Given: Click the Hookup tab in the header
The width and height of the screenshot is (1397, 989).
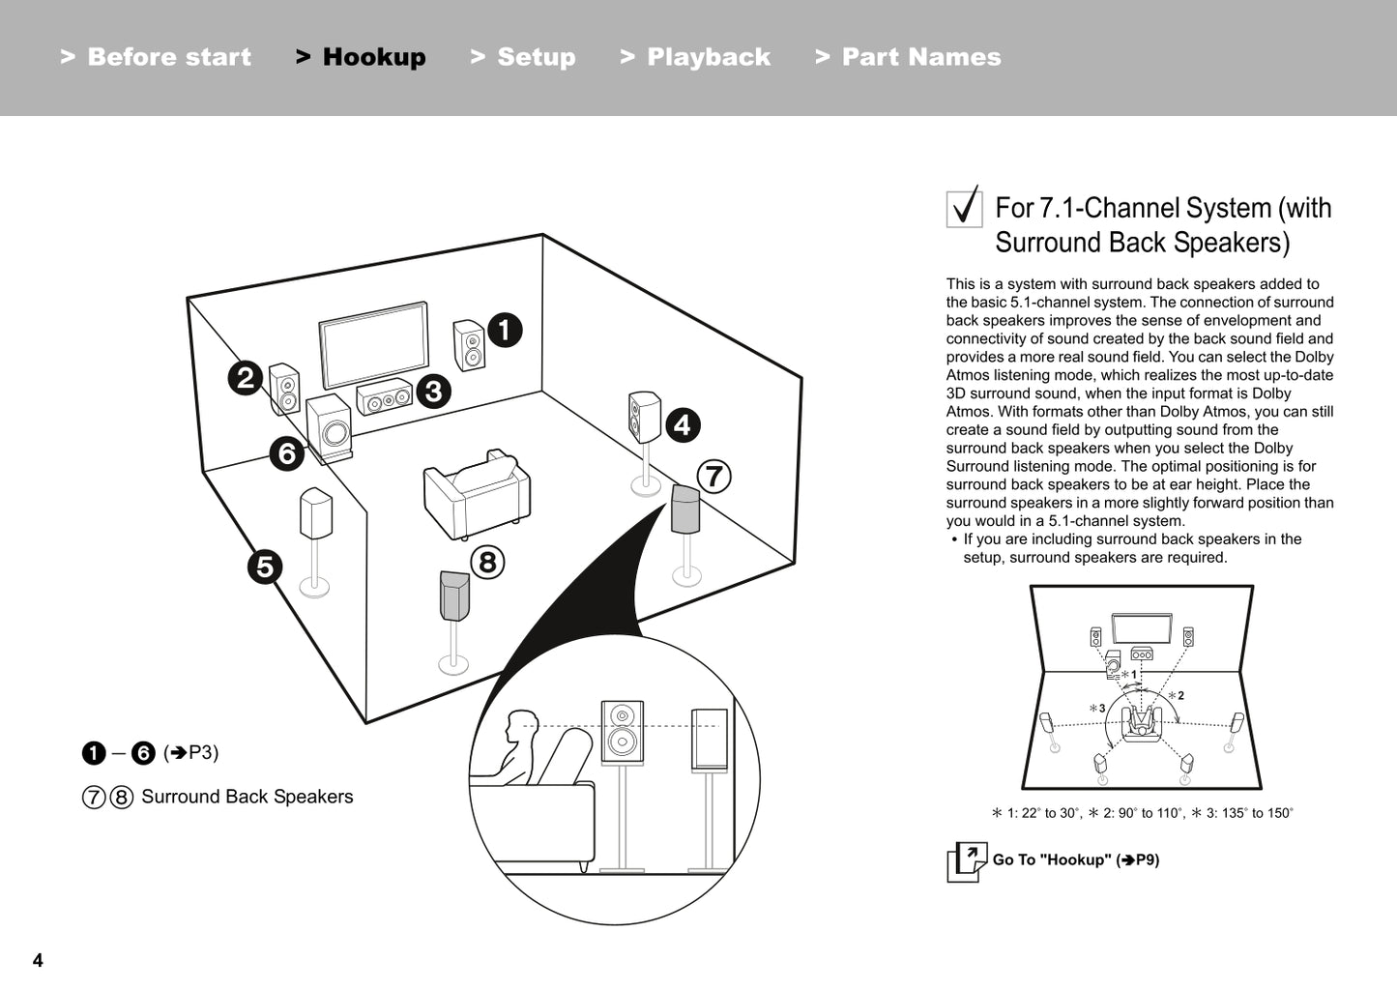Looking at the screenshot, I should coord(361,57).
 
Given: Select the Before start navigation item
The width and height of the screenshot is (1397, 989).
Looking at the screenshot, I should coord(156,57).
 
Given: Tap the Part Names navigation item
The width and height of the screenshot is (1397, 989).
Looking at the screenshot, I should coord(908,57).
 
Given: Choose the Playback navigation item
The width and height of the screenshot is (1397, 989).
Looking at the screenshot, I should coord(695,57).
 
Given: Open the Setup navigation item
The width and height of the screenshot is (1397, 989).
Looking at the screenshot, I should coord(523,57).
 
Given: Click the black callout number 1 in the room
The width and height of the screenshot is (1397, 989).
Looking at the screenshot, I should coord(504,330).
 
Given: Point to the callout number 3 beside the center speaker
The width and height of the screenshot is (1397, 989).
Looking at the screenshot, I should coord(433,391).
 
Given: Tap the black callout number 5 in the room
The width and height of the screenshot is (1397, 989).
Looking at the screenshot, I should coord(265,567).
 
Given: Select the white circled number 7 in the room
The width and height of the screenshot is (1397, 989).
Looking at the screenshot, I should coord(713,476).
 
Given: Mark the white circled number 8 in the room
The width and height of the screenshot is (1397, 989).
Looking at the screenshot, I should coord(487,562).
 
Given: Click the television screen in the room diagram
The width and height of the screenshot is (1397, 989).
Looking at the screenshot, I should coord(374,345).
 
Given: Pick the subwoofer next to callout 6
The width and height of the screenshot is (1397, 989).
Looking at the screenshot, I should coord(329,427).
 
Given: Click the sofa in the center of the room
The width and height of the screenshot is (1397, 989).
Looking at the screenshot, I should coord(477,494).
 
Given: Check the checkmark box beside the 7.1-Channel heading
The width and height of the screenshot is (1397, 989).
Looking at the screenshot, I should coord(964,208).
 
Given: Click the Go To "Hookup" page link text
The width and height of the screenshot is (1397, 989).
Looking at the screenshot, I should coord(1075,859).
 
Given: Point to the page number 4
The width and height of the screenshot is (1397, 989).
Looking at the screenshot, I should coord(38,960).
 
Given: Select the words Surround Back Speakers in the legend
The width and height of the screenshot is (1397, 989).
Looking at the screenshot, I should coord(247,797).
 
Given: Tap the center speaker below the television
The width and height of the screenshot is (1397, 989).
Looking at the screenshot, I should coord(384,397).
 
